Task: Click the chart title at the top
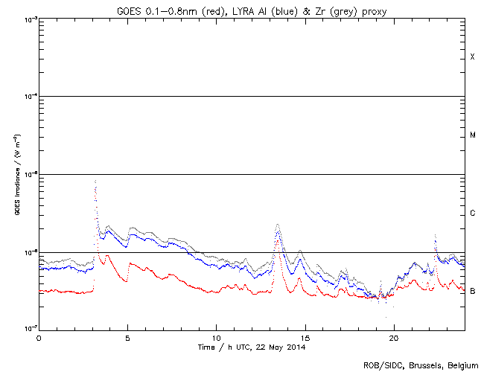coord(252,10)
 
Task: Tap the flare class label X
coord(472,57)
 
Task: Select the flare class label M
coord(472,135)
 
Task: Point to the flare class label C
coord(472,214)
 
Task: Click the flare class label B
coord(472,291)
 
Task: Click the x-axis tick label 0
coord(39,338)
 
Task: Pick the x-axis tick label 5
coord(127,338)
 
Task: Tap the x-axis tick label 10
coord(216,338)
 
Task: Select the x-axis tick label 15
coord(305,338)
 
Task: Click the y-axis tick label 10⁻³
coord(28,19)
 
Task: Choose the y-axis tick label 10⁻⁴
coord(28,97)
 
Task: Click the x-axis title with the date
coord(252,347)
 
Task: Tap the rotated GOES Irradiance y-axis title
coord(16,174)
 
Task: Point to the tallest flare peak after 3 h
coord(95,181)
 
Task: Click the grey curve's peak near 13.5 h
coord(278,224)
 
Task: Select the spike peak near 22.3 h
coord(435,235)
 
